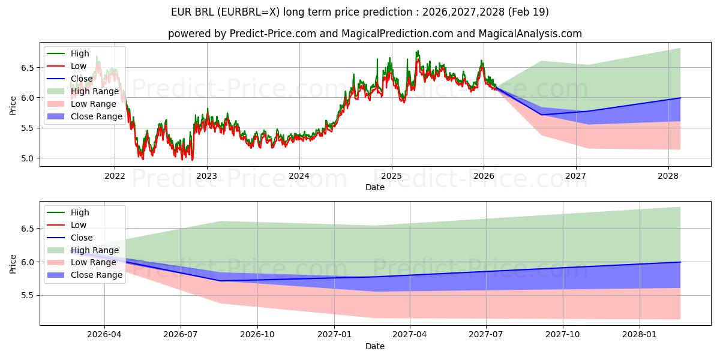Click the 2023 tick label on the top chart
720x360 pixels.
[207, 176]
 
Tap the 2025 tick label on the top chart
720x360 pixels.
[391, 176]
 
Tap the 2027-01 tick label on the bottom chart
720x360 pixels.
[334, 335]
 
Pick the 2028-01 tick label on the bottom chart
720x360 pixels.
[640, 335]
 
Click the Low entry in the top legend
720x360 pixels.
[79, 66]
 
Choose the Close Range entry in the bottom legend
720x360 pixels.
[96, 275]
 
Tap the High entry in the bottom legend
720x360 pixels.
[80, 212]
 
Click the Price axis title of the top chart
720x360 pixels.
[13, 106]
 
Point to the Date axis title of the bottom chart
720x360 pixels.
[375, 347]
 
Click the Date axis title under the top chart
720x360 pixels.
[375, 187]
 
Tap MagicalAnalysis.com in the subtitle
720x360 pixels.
[530, 34]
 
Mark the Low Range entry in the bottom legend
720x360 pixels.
[93, 263]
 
